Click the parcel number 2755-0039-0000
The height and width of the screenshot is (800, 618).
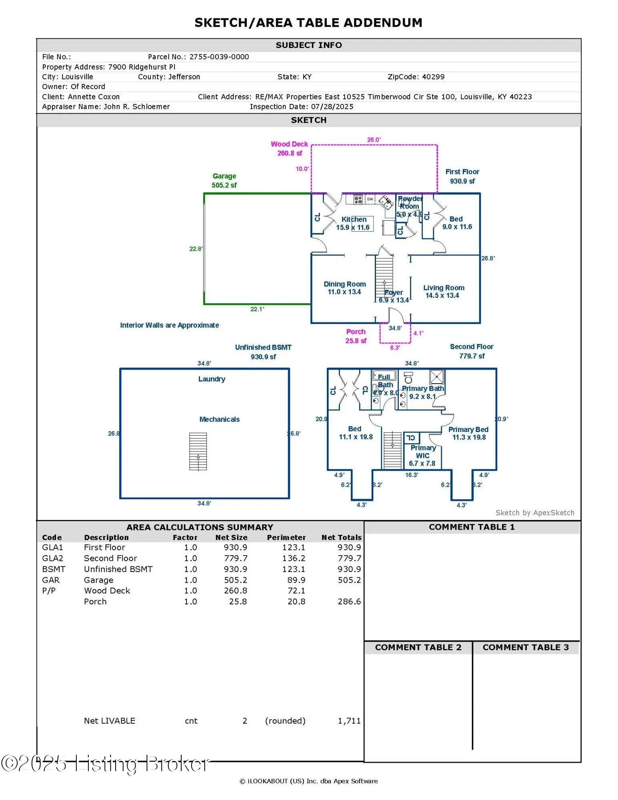(219, 57)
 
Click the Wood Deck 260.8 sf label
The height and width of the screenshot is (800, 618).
(289, 148)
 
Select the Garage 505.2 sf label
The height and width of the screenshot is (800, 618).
(224, 180)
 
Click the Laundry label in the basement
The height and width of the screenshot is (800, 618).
(212, 379)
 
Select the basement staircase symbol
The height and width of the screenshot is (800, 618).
(198, 451)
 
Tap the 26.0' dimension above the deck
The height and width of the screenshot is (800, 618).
(374, 140)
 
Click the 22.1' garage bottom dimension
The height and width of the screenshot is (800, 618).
(257, 309)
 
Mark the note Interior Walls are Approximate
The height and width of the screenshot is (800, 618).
(169, 325)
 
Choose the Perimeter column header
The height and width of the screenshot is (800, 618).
(286, 538)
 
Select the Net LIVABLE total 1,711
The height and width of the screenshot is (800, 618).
(349, 721)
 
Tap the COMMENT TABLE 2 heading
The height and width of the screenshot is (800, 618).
(418, 648)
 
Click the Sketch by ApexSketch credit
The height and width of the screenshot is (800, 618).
(534, 513)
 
